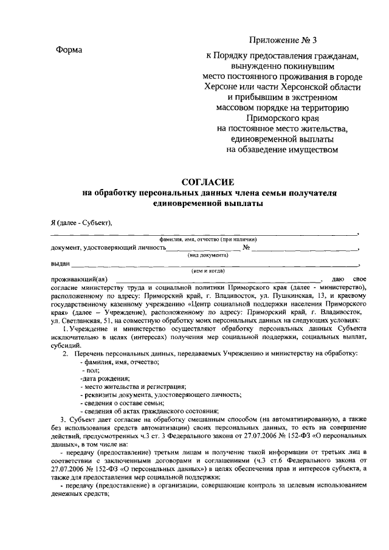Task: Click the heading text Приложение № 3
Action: (x=283, y=41)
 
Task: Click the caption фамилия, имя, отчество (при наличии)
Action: (x=208, y=240)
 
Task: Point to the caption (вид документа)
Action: (x=208, y=255)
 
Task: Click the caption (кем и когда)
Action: (x=208, y=270)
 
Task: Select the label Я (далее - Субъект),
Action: (x=81, y=222)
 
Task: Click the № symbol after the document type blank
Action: (x=247, y=248)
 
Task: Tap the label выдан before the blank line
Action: (x=60, y=263)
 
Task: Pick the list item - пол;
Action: (x=94, y=370)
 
